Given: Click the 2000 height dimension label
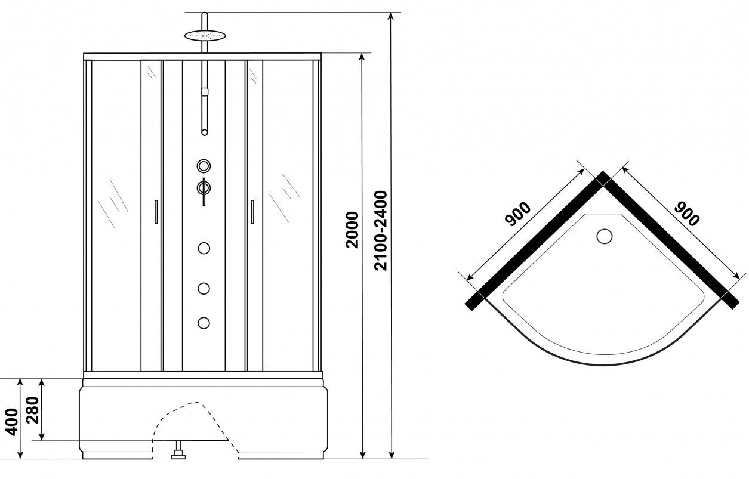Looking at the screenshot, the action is (352, 230).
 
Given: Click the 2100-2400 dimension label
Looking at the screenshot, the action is (381, 231).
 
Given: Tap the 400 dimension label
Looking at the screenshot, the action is (13, 422).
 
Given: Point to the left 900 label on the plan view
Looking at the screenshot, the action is (517, 214).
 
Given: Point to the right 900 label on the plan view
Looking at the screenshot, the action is (687, 214).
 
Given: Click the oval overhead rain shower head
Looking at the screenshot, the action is (205, 35).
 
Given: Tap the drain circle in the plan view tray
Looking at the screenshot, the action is (604, 236).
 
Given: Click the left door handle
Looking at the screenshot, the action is (156, 212).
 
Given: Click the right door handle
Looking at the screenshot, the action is (252, 212).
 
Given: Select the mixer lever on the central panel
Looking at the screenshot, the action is (204, 191).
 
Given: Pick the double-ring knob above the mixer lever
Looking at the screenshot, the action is (204, 166).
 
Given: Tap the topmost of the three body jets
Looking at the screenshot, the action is (204, 248).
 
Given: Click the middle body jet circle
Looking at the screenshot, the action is (204, 289).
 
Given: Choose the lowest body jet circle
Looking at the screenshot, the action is (204, 323).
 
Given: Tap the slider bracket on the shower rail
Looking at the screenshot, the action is (204, 92).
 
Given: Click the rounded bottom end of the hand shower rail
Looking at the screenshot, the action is (204, 132).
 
